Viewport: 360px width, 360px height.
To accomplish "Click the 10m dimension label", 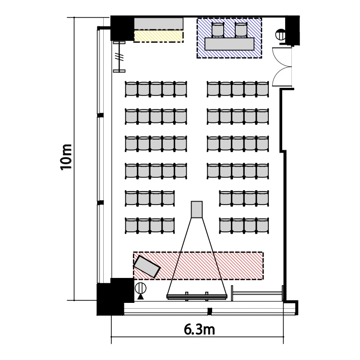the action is pos(66,157).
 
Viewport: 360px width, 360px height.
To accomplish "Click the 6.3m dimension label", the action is pos(199,330).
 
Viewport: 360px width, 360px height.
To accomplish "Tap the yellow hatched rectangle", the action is pos(159,36).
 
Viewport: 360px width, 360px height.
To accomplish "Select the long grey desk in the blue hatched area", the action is pos(229,44).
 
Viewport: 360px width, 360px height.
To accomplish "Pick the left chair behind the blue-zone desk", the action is pos(217,30).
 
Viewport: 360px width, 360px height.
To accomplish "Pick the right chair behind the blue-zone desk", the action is pos(241,30).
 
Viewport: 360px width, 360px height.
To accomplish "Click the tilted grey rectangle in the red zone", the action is pos(147,266).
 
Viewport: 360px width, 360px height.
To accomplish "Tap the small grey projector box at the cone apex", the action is pos(197,209).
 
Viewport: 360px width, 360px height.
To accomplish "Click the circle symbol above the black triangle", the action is pos(141,288).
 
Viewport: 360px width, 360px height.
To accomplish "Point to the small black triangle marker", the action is pos(141,297).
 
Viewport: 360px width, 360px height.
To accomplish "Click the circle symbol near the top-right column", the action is pos(281,35).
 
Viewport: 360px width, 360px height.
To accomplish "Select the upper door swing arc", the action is pos(281,58).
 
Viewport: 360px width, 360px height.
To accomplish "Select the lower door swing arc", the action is pos(281,76).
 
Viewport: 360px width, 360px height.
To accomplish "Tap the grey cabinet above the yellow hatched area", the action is pos(159,24).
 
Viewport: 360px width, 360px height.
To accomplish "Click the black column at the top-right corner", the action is pos(292,30).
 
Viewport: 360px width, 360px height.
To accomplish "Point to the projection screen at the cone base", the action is pos(197,297).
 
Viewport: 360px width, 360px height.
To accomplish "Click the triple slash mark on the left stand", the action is pos(120,57).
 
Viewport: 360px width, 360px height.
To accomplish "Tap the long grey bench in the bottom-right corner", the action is pos(257,293).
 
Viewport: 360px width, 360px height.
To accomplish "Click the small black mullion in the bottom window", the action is pos(210,312).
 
